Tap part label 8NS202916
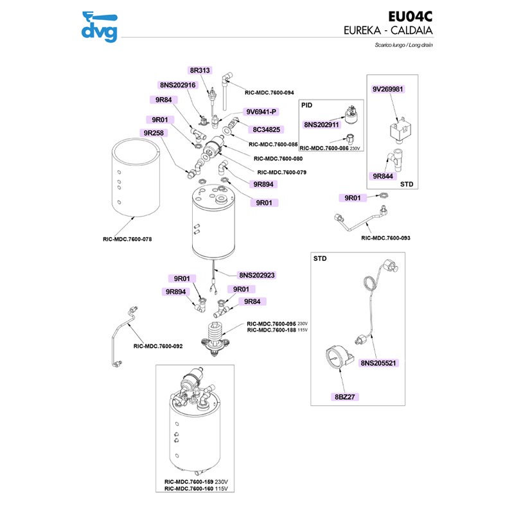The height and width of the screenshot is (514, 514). (x=177, y=85)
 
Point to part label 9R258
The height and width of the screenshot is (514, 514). (x=154, y=133)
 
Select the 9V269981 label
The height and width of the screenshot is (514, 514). (x=388, y=89)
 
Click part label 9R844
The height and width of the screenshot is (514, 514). (x=384, y=175)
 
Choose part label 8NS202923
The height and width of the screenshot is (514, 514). (x=257, y=274)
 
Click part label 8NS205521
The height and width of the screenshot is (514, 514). (x=379, y=363)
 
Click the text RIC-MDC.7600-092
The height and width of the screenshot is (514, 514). (x=158, y=346)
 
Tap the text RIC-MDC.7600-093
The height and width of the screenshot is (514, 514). (x=385, y=238)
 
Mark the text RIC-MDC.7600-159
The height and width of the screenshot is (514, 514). (x=188, y=481)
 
